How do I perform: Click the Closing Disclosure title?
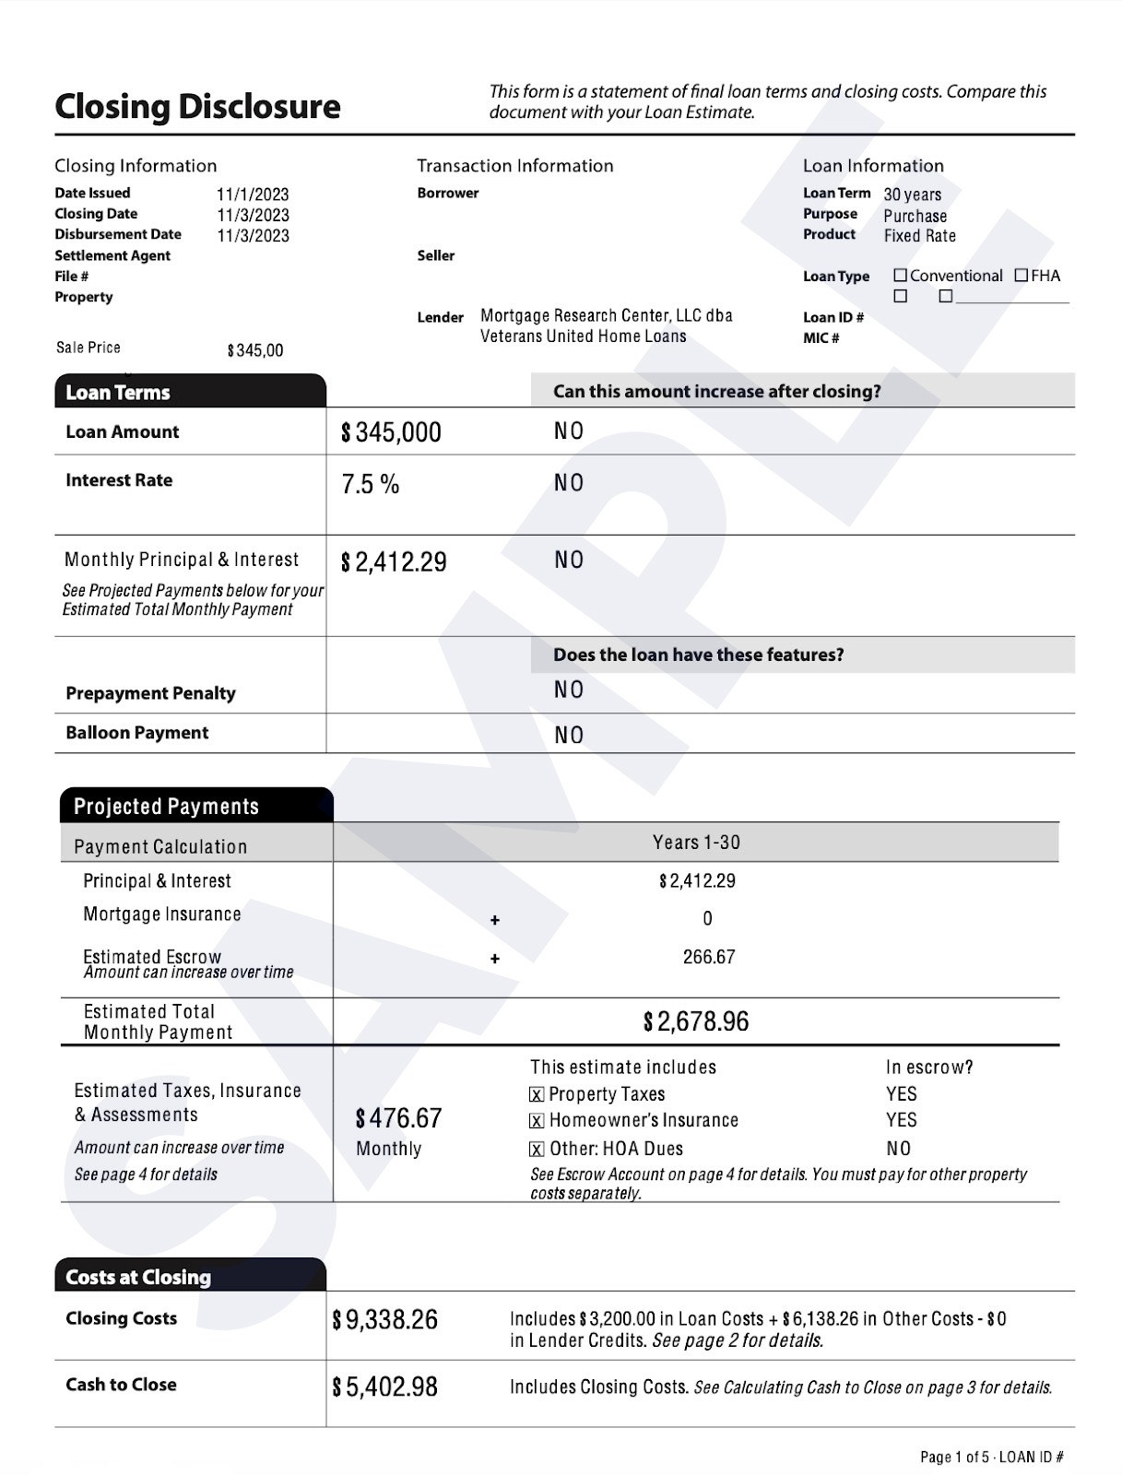197,107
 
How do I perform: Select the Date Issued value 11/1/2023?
253,195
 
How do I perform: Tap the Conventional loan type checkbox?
901,276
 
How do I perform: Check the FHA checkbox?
1022,276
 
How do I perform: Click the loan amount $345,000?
392,432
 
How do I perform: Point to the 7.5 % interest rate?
371,485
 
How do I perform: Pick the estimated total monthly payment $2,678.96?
696,1021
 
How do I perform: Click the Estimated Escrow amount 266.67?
708,957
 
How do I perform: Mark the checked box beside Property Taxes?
537,1095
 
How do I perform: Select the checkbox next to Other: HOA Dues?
537,1150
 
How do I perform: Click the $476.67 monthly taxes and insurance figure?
398,1118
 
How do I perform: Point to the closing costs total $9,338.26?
385,1320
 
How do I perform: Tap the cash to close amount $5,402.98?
385,1386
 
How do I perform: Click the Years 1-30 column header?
696,843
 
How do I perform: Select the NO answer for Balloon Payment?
569,735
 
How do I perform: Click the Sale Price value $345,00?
255,350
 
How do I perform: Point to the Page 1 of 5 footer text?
954,1457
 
